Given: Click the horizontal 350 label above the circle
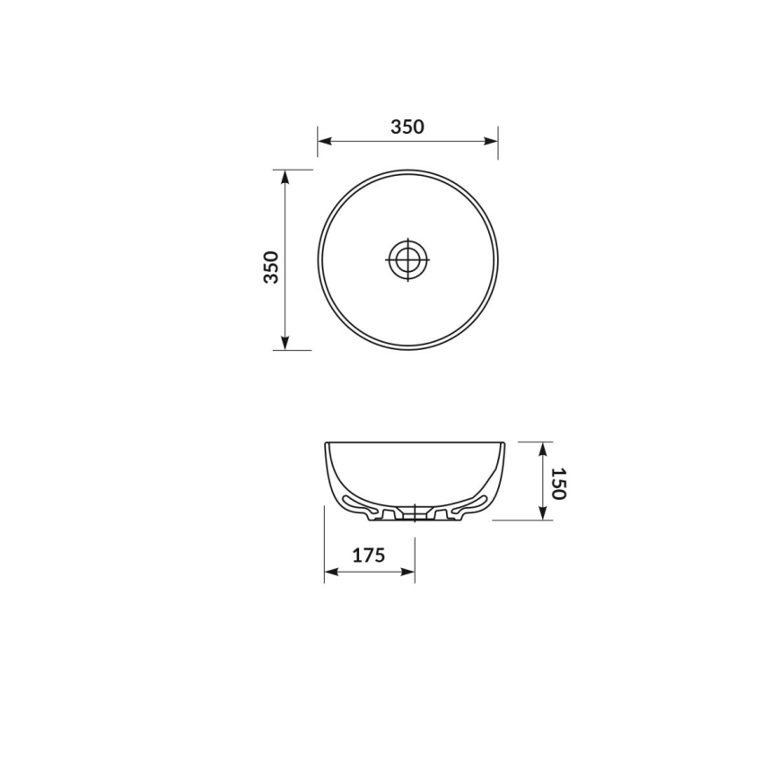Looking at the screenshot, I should pyautogui.click(x=407, y=127).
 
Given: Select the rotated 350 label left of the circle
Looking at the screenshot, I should pyautogui.click(x=271, y=267).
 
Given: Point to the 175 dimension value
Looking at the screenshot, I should pyautogui.click(x=368, y=556).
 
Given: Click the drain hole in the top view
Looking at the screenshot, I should pyautogui.click(x=407, y=259).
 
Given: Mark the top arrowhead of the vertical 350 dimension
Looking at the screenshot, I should pyautogui.click(x=285, y=177).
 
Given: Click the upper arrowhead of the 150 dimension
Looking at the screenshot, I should pyautogui.click(x=543, y=448).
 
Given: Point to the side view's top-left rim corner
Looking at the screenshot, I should pyautogui.click(x=326, y=443).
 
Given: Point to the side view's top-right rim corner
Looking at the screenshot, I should pyautogui.click(x=503, y=443).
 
